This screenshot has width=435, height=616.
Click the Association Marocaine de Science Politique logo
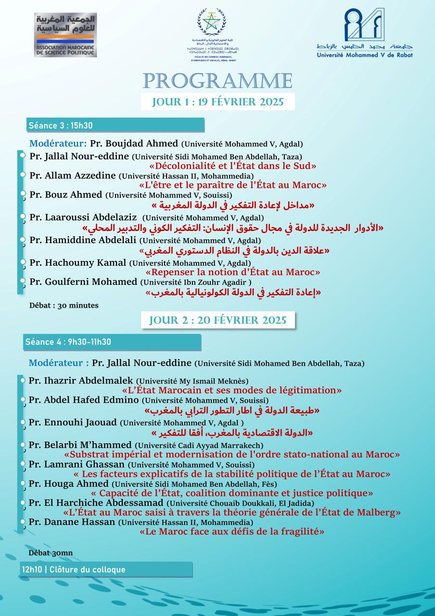(65, 35)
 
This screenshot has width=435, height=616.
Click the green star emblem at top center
(210, 22)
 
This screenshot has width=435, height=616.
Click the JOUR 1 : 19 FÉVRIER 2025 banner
(217, 102)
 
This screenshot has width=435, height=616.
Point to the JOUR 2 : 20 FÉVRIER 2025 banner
(217, 320)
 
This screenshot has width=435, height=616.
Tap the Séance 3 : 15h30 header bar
(115, 126)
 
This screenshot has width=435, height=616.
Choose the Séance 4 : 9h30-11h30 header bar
(112, 342)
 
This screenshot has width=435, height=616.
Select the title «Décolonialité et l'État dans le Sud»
(232, 166)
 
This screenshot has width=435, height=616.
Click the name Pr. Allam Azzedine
(72, 176)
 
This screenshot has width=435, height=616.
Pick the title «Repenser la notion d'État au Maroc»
(232, 272)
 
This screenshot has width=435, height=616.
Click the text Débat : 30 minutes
(64, 305)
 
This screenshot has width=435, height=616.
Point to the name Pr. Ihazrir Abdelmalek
(81, 381)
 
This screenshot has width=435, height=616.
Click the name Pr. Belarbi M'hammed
(80, 445)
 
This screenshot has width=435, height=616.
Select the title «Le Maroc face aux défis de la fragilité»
(231, 532)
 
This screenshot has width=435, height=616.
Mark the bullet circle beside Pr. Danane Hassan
(22, 522)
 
